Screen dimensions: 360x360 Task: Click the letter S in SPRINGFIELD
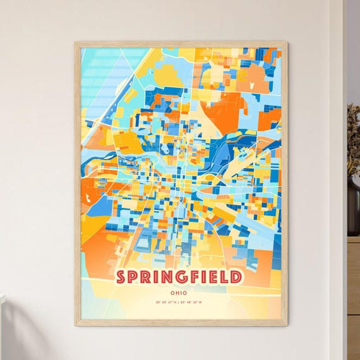121,277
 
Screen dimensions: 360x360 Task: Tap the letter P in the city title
133,277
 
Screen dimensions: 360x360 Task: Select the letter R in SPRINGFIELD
146,277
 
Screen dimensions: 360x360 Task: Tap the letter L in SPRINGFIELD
223,277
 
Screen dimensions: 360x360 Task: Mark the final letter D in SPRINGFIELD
235,277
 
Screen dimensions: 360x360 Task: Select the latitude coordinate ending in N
165,303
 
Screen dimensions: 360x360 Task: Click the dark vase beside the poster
353,202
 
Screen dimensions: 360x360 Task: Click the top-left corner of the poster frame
76,43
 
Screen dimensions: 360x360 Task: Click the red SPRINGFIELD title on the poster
178,277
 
